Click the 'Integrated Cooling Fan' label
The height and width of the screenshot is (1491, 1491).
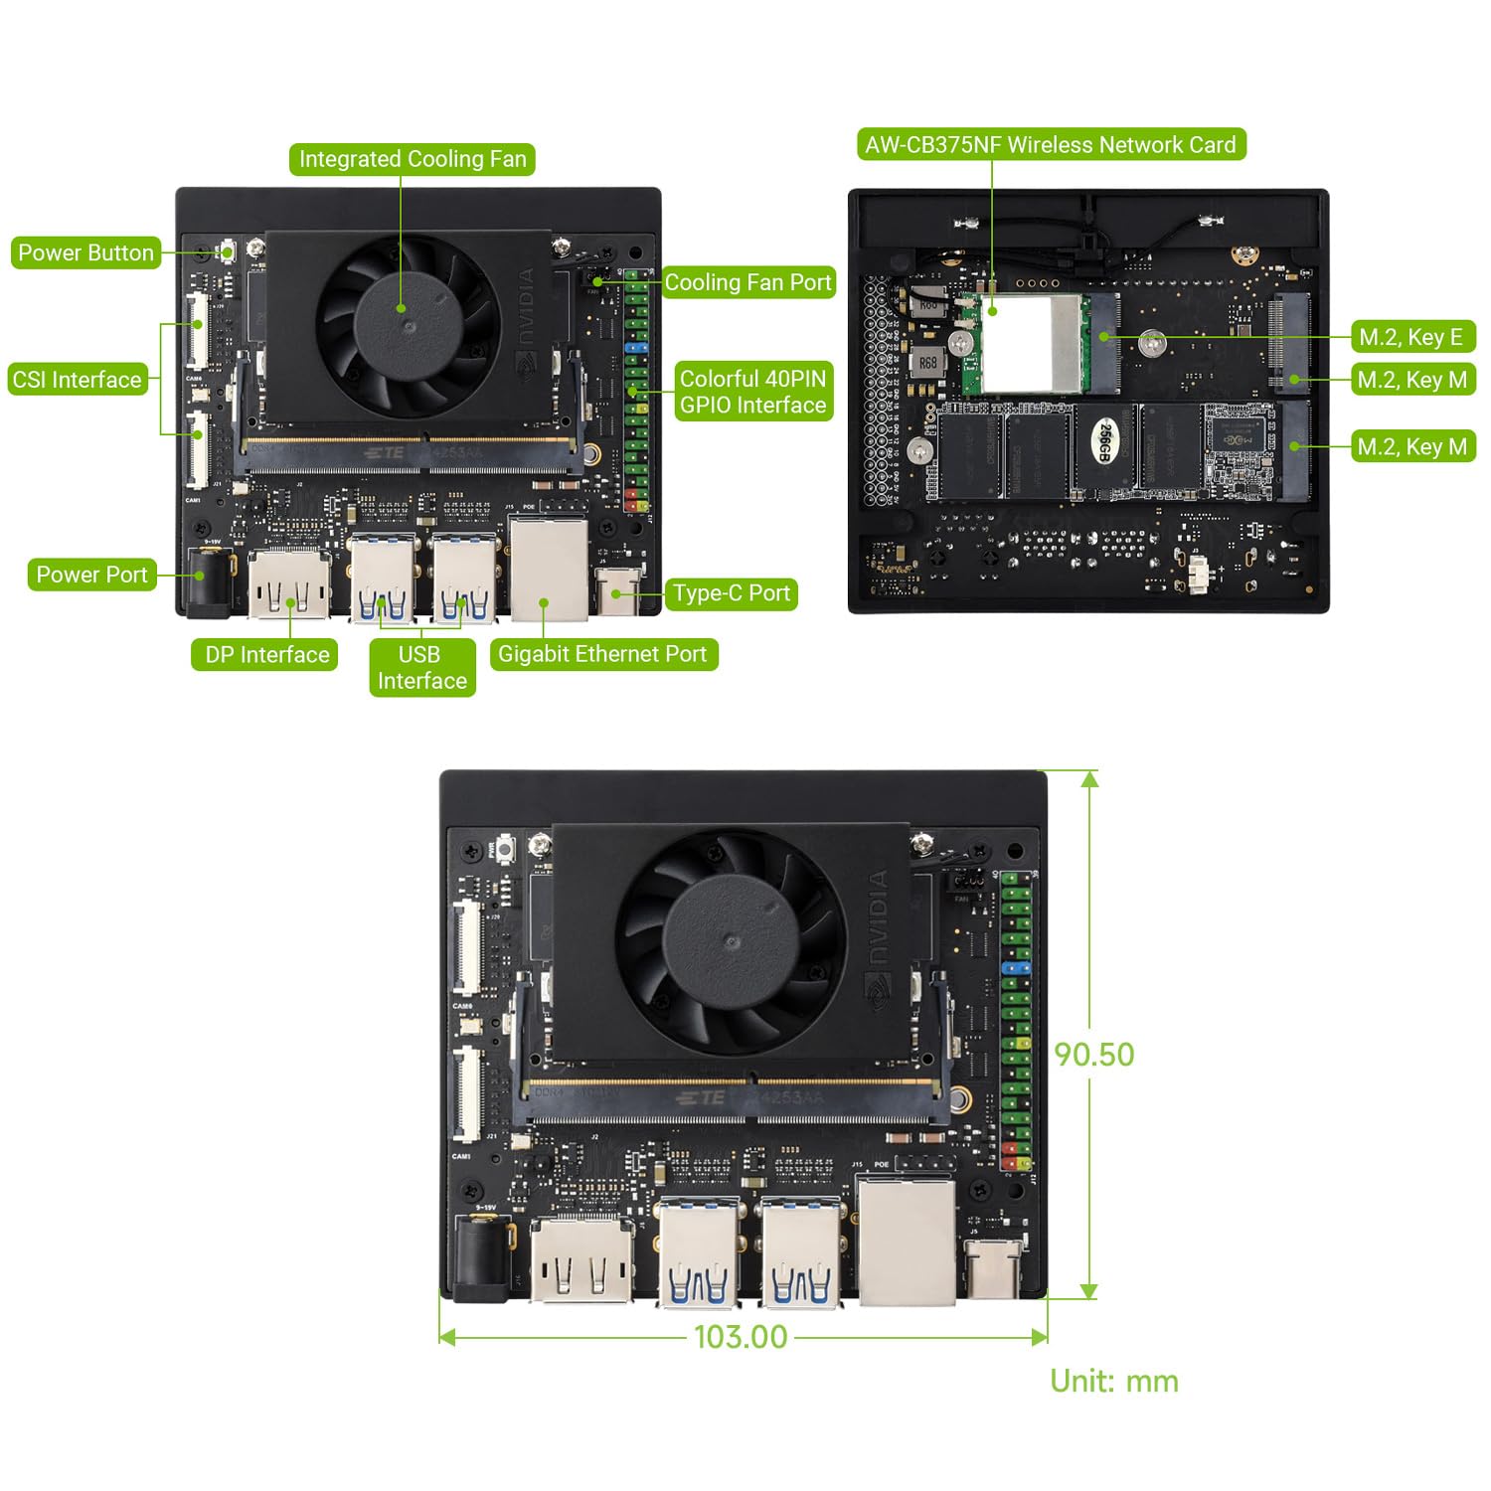412,159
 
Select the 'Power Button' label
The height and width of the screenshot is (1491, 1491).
85,252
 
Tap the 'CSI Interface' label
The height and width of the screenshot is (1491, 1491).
77,380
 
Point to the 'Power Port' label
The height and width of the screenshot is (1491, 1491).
91,575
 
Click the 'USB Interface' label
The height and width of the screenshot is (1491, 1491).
421,667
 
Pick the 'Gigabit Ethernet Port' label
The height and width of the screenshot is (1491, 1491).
602,654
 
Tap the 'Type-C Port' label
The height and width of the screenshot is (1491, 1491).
731,593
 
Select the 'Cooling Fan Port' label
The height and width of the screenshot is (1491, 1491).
747,282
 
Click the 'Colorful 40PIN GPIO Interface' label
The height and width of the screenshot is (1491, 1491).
752,392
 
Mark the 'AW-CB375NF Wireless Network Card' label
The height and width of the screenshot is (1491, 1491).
1050,145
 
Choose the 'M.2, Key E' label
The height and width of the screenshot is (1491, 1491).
1411,337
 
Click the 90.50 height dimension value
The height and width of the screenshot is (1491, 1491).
1093,1055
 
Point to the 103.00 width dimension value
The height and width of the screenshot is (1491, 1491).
741,1337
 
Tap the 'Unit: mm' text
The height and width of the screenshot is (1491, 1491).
1114,1381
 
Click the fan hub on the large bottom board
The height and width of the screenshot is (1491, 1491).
731,940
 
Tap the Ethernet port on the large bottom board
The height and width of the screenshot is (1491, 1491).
906,1242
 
